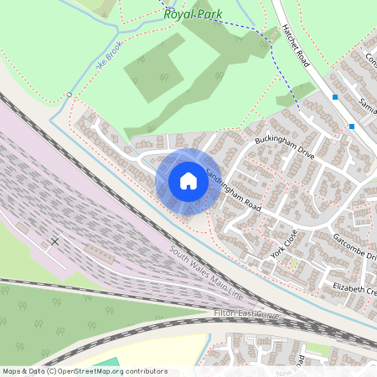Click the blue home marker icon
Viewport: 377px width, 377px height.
(188, 181)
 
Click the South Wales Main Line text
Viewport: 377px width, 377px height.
(206, 273)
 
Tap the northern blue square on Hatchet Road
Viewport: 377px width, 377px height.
(335, 97)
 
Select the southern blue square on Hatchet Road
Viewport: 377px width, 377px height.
(352, 127)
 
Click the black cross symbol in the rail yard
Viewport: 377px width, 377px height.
(54, 240)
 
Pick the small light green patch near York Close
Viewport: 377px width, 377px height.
(293, 263)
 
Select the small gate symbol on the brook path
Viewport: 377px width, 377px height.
(68, 96)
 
